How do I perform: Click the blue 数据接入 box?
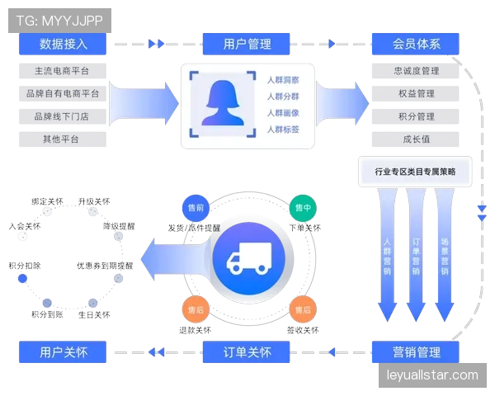tap(63, 44)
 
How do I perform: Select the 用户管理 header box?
tap(247, 44)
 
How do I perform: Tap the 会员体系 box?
tap(416, 44)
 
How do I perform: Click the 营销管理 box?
tap(416, 352)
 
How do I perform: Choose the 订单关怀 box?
tap(247, 352)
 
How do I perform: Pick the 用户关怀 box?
tap(63, 352)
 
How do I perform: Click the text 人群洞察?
tap(283, 80)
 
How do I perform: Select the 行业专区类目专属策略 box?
tap(415, 172)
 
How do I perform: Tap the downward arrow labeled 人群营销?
tap(387, 256)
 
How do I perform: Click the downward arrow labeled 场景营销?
tap(444, 256)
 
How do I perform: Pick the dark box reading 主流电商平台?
tap(63, 70)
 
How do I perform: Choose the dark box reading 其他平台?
tap(63, 139)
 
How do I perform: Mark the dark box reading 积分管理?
tap(416, 116)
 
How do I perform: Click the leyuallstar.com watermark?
tap(432, 375)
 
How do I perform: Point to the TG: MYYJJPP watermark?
tap(59, 20)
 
